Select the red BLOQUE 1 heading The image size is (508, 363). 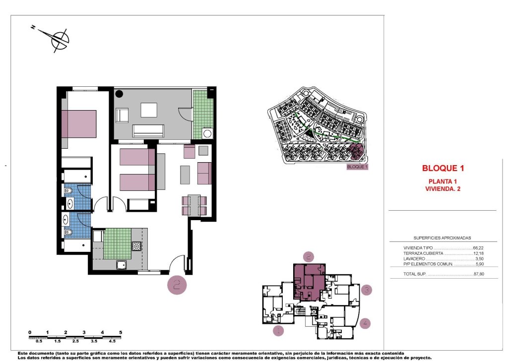443,168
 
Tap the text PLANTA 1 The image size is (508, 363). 443,181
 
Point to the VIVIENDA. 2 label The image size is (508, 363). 443,188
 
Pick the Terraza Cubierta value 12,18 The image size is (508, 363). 478,253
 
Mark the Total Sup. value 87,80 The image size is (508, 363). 478,274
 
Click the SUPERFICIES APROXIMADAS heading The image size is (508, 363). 442,238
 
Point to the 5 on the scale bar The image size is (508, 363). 121,332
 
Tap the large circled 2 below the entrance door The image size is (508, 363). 177,285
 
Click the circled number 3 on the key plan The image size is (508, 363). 366,290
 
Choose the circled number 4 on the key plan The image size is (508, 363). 365,323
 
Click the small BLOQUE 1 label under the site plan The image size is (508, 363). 357,167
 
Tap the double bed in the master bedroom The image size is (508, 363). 79,124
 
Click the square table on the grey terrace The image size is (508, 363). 149,110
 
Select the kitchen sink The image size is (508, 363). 122,265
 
